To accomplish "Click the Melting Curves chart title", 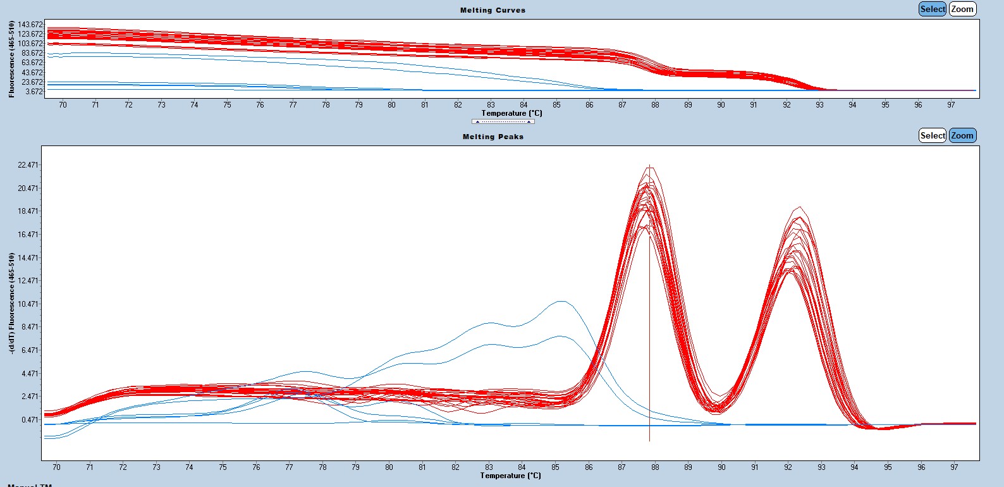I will point(493,10).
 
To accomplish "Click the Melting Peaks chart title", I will point(493,137).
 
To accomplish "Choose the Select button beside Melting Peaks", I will point(933,135).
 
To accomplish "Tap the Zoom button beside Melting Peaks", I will point(962,135).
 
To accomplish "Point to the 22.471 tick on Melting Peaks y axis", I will point(28,165).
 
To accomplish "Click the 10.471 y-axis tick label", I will point(28,304).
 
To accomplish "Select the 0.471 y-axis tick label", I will point(30,420).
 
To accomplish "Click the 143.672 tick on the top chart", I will point(30,25).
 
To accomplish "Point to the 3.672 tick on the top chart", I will point(34,92).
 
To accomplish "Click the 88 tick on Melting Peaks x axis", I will point(655,467).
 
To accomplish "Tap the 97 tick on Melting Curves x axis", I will point(951,105).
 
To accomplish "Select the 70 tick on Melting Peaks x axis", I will point(56,467).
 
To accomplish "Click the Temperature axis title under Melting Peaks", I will point(510,476).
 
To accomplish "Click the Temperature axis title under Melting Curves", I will point(511,113).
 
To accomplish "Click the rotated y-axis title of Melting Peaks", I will point(12,303).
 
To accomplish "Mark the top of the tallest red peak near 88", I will point(649,166).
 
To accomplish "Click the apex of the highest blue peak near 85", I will point(561,301).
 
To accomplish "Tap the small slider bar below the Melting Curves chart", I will point(503,121).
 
